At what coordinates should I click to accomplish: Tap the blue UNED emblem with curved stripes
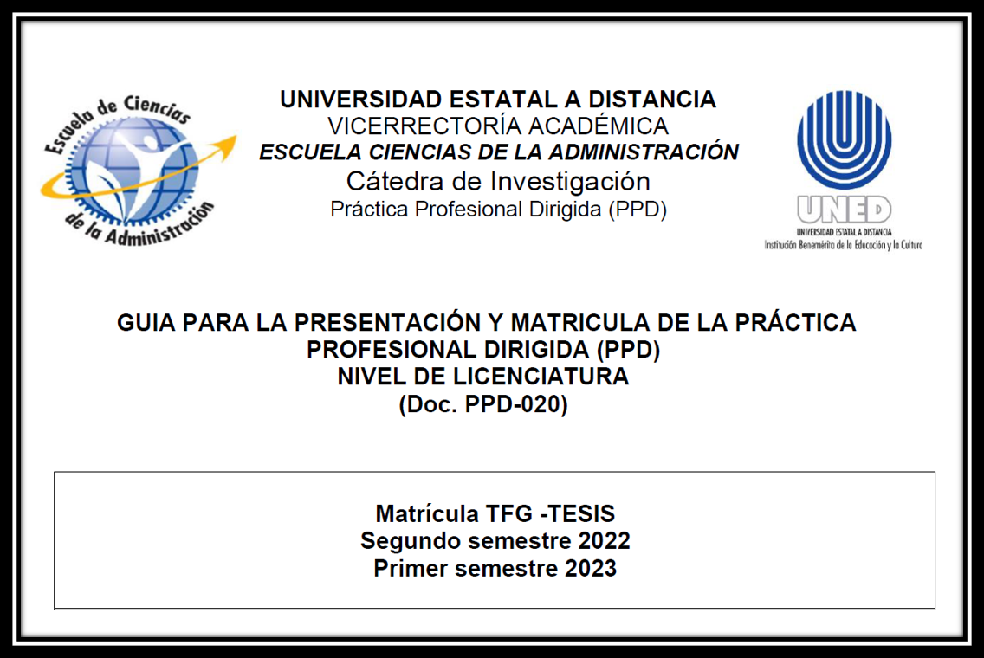844,139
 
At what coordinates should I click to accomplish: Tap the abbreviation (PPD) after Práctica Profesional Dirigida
638,210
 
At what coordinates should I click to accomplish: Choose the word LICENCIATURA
542,377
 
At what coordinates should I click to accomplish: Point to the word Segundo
403,541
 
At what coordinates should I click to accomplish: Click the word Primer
411,569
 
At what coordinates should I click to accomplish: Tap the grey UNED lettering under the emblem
844,210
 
